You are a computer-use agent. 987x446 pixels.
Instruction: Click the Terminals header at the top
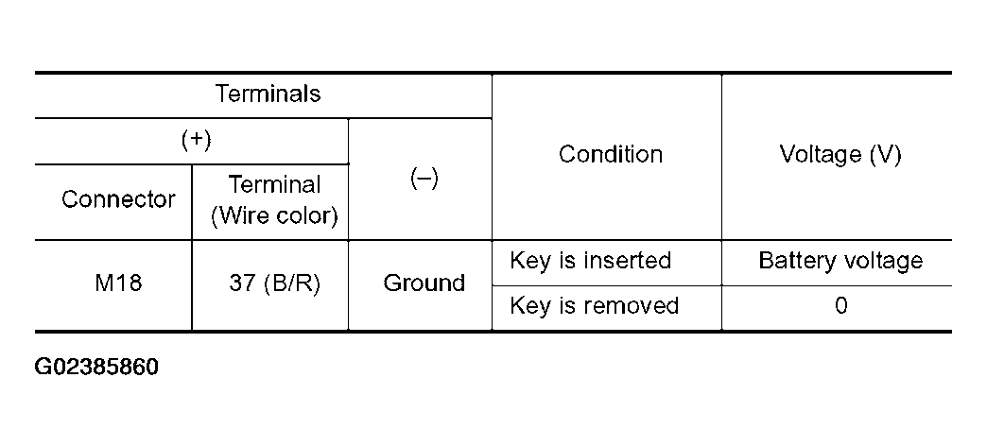click(268, 94)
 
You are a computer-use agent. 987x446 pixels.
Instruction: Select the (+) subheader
click(197, 140)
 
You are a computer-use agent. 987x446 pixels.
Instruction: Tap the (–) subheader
click(424, 180)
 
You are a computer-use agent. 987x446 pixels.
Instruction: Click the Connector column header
click(118, 199)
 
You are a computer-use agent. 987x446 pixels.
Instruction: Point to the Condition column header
click(611, 154)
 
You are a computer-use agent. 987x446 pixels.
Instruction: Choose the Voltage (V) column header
click(840, 154)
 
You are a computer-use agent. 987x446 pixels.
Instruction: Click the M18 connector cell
click(118, 283)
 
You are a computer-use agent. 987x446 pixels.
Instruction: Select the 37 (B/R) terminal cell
click(274, 283)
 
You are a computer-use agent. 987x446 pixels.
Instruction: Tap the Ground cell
click(424, 283)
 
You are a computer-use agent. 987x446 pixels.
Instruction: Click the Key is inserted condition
click(591, 261)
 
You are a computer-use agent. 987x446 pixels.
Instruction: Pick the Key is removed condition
click(595, 306)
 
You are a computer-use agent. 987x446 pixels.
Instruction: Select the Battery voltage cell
click(840, 261)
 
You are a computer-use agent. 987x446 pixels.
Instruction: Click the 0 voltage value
click(841, 306)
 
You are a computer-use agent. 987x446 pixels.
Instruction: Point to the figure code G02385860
click(96, 367)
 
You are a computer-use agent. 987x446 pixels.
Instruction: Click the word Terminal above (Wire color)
click(274, 184)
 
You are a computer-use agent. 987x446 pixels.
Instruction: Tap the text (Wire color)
click(274, 215)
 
